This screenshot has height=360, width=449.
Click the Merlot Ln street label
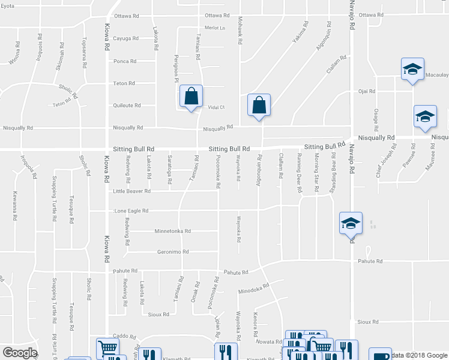[x=214, y=28]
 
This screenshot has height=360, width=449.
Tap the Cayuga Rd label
[x=125, y=38]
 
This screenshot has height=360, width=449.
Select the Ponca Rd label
[x=125, y=61]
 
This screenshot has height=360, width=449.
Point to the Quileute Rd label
[x=127, y=105]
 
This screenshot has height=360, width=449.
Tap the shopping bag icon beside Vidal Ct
[x=191, y=96]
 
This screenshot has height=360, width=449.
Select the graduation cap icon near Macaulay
[x=412, y=68]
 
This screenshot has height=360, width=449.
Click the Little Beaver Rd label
[x=131, y=191]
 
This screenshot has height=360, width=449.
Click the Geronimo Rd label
[x=173, y=252]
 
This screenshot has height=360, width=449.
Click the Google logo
[x=19, y=353]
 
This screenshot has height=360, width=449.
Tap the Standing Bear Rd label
[x=333, y=172]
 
